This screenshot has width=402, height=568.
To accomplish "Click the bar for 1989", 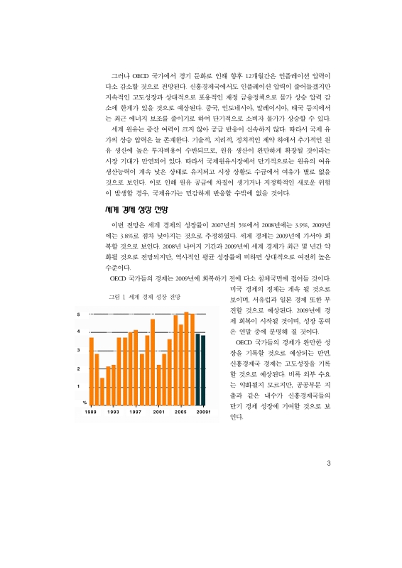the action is [91, 369].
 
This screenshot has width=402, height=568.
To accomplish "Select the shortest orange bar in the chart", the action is [102, 390].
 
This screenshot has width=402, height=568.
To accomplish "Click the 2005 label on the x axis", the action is [181, 412].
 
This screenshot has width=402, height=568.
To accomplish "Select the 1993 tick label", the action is [113, 412].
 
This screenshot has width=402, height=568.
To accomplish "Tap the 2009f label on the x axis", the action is [203, 412].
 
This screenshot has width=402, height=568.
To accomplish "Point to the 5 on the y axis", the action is [79, 314].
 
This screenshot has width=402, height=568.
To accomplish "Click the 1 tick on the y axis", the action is [79, 386].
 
